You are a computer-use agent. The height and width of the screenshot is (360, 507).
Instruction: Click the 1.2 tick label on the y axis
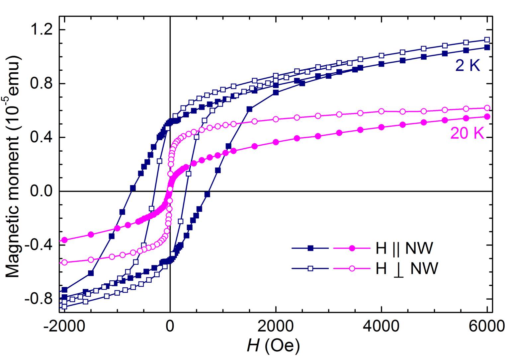point(40,30)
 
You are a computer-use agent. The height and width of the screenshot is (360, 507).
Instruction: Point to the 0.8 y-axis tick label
point(40,84)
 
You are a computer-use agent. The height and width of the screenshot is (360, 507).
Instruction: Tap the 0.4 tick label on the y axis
point(40,138)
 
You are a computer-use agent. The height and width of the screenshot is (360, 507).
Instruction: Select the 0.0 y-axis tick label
point(40,192)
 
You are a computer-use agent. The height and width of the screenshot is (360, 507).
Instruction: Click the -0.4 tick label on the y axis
point(37,246)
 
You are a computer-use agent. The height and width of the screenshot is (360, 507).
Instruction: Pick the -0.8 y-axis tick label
point(37,299)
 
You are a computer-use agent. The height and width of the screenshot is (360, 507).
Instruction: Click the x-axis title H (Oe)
point(273,346)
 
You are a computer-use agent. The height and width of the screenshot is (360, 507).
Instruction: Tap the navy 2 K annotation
point(467,67)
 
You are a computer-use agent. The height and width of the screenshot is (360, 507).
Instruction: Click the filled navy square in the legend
point(310,248)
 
